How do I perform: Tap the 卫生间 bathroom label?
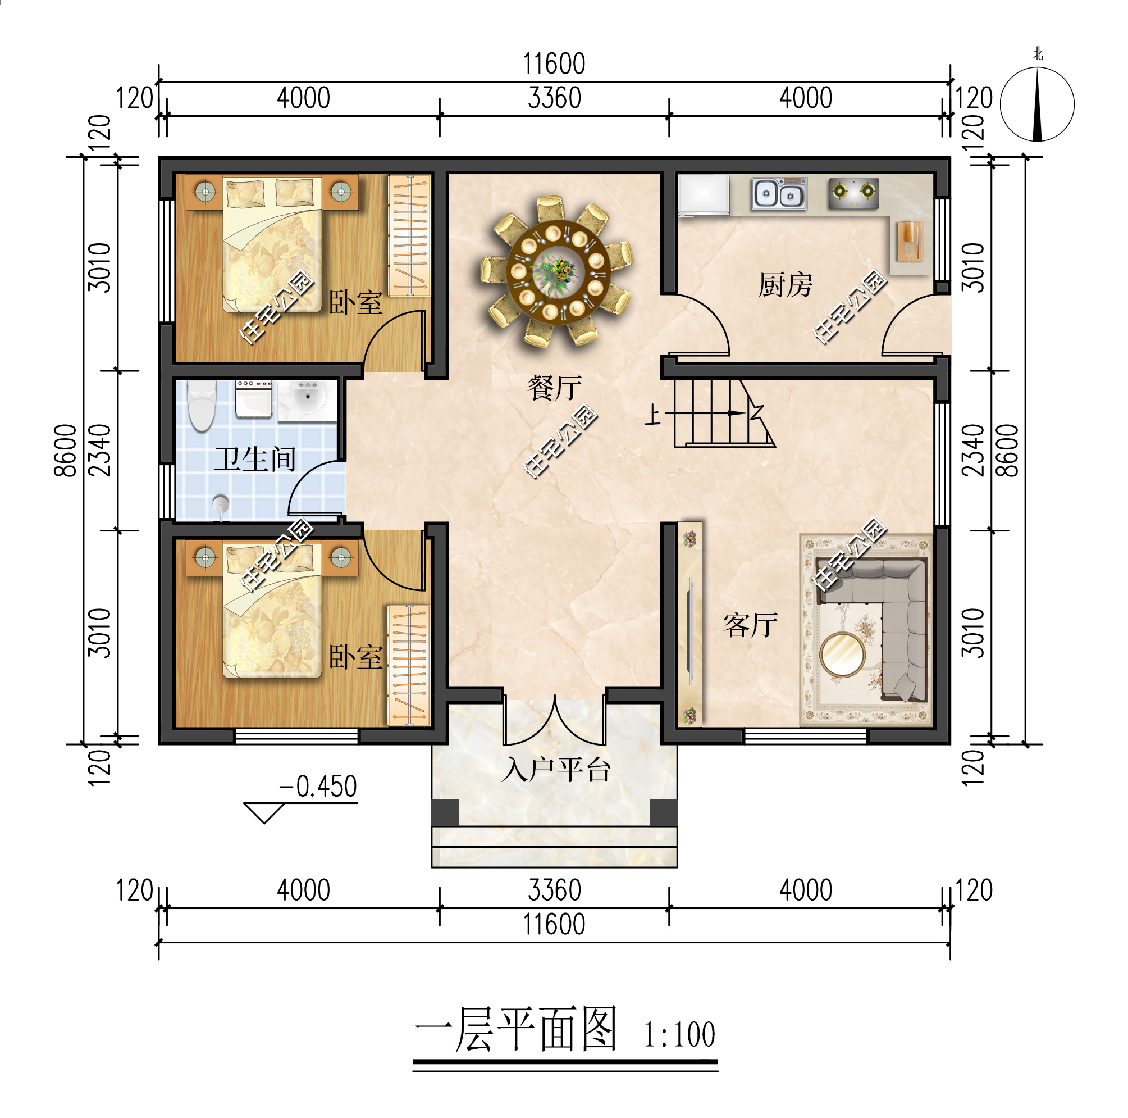(255, 459)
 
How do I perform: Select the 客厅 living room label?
(750, 625)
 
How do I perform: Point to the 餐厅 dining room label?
(554, 388)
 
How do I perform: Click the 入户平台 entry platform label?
(555, 770)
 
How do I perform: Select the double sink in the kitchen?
(778, 194)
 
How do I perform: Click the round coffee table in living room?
(841, 654)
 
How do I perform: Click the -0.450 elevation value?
(318, 787)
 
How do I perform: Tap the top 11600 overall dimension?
(554, 63)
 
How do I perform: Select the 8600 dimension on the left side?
(65, 451)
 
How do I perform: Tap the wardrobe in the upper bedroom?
(409, 235)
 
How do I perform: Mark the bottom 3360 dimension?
(554, 890)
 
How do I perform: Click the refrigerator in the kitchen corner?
(703, 194)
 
